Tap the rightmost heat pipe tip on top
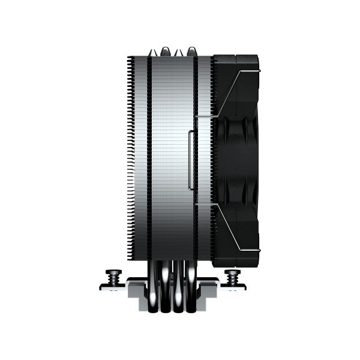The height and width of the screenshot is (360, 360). click(x=192, y=52)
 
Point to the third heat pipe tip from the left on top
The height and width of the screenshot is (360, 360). click(x=179, y=52)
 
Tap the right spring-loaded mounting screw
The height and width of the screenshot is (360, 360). click(x=232, y=277)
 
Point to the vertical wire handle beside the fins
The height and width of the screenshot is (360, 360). click(x=191, y=159)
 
